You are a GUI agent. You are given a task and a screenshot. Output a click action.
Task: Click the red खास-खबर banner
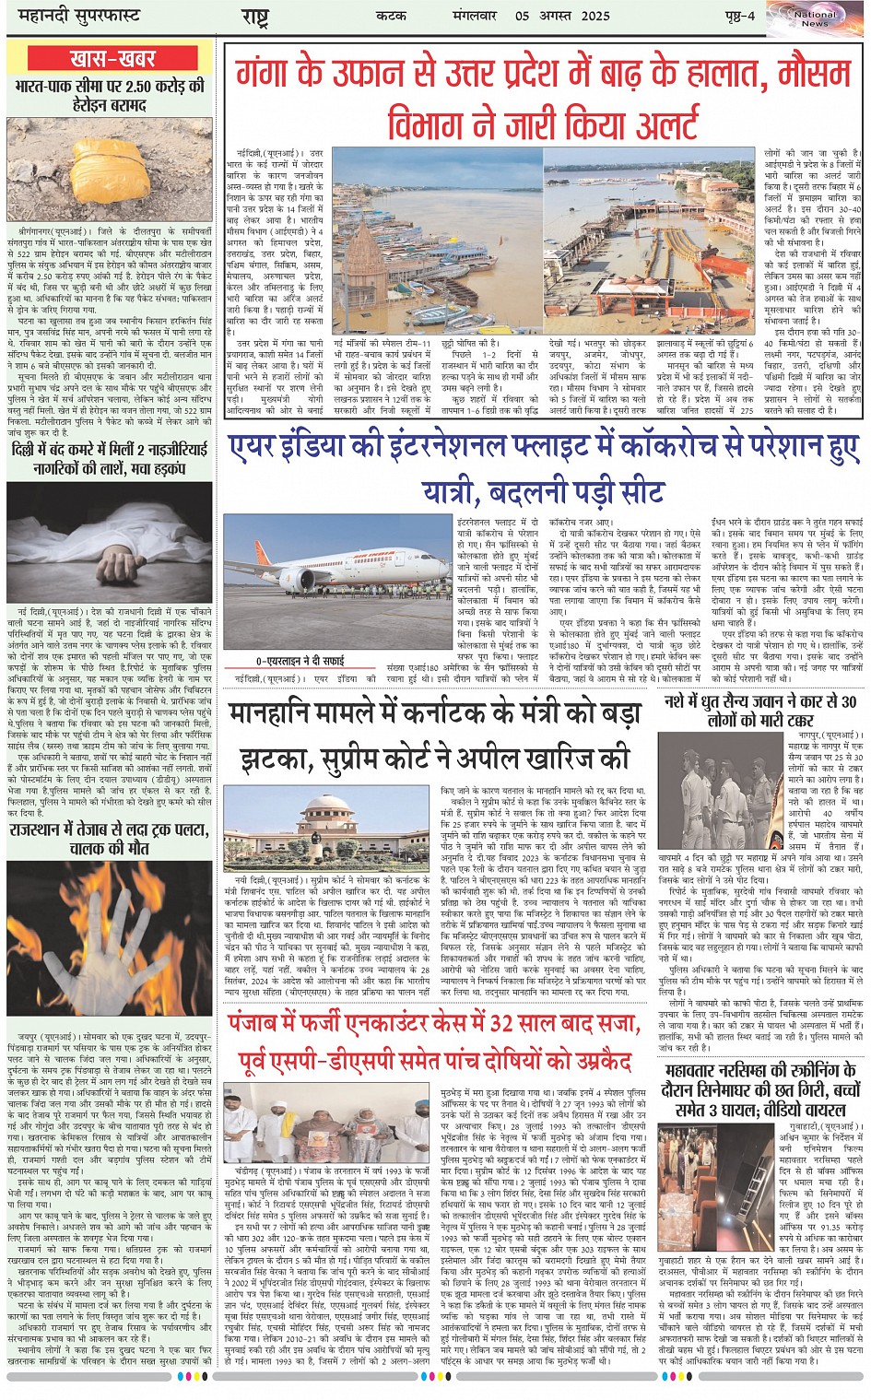112,59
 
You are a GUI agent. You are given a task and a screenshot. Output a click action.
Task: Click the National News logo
814,18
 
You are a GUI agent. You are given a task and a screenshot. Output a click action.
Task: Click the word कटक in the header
392,16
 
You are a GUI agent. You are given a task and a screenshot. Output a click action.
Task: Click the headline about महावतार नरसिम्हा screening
760,1089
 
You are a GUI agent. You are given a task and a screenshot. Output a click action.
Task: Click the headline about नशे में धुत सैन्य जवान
760,710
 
